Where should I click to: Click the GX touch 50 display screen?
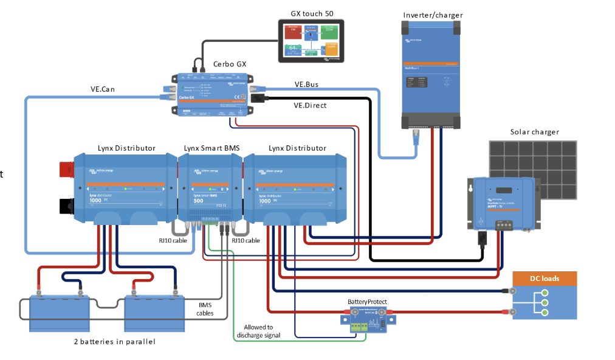pyautogui.click(x=311, y=41)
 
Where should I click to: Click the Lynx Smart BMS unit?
pyautogui.click(x=210, y=189)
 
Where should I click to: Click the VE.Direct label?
pyautogui.click(x=310, y=105)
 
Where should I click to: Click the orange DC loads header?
pyautogui.click(x=545, y=279)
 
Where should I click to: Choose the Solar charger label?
pyautogui.click(x=534, y=132)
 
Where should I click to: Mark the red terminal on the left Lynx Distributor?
pyautogui.click(x=66, y=168)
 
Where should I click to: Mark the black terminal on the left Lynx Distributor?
pyautogui.click(x=66, y=206)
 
